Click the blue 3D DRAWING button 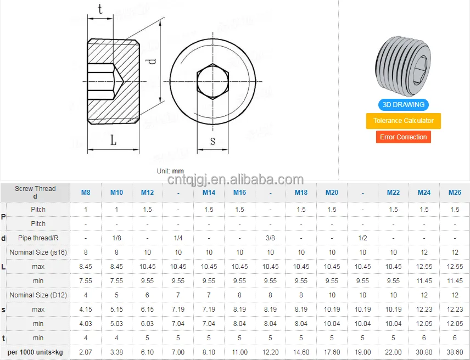point(403,104)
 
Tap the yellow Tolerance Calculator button point(403,121)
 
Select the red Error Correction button point(403,137)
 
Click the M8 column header point(86,193)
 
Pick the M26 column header point(455,193)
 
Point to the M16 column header point(239,193)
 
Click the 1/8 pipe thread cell point(116,238)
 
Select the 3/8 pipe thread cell point(270,238)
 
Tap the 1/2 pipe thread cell point(362,238)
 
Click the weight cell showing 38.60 point(455,352)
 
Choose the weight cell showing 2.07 point(86,352)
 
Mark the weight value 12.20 point(270,352)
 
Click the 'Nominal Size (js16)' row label point(38,252)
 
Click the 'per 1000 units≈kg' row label point(35,352)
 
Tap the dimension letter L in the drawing point(113,141)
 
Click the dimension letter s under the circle point(213,141)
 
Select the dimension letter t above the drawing point(100,9)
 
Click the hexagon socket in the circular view point(213,81)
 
